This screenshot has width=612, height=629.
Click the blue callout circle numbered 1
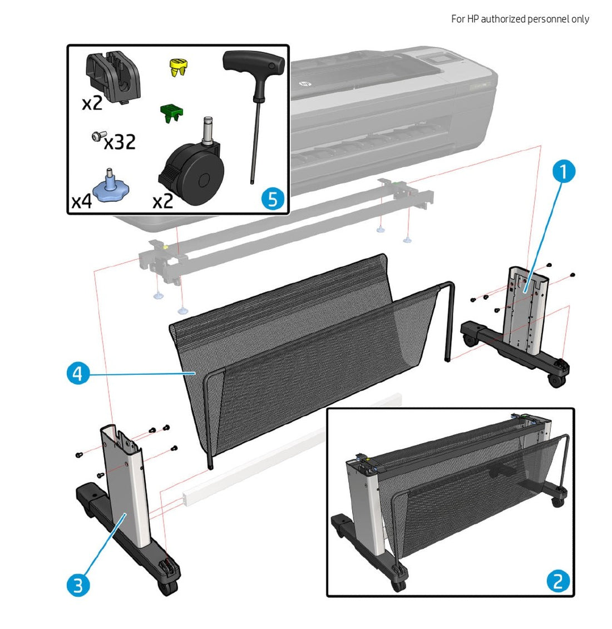(563, 172)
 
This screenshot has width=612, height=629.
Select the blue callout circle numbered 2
(557, 581)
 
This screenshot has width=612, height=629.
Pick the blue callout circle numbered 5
(272, 198)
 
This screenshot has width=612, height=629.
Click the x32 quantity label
(120, 142)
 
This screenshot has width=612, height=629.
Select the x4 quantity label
(81, 201)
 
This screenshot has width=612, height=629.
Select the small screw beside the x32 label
(98, 135)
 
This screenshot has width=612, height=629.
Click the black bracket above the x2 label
(113, 76)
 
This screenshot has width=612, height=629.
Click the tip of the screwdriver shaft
(251, 181)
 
